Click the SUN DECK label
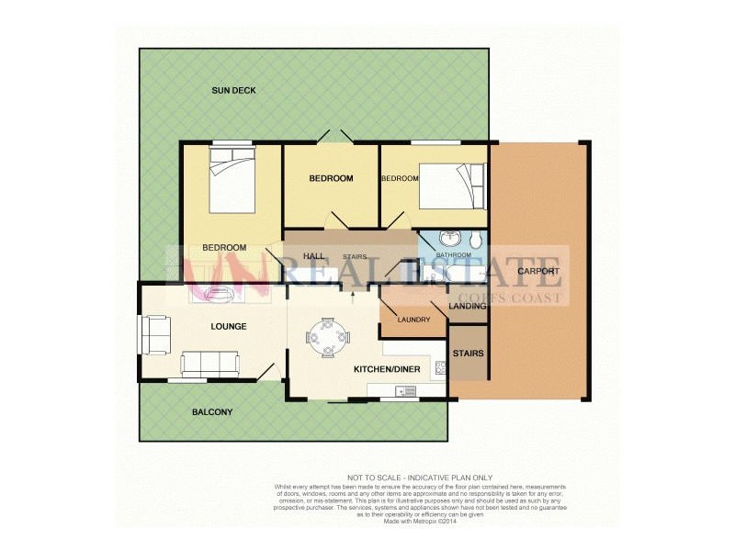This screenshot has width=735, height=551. coord(233,90)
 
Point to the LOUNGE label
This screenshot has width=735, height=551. coord(229,326)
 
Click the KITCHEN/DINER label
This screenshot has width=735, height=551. coord(387,369)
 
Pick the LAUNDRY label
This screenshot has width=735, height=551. coord(413,320)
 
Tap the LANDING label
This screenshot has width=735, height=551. coord(467,306)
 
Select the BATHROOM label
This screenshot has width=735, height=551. coord(453,255)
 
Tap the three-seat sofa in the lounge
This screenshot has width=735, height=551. coord(210,365)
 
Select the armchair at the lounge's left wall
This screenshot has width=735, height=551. coord(154,334)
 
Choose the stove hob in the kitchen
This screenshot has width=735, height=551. coord(441,368)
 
